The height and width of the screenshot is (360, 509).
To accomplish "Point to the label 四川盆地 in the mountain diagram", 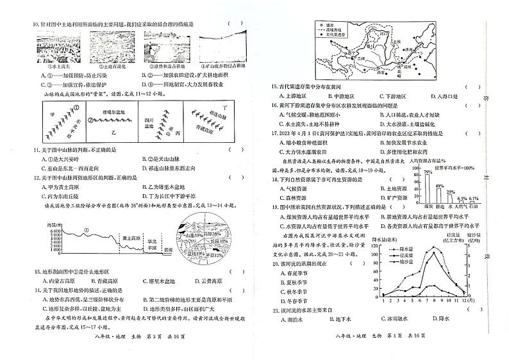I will click(149, 122).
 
